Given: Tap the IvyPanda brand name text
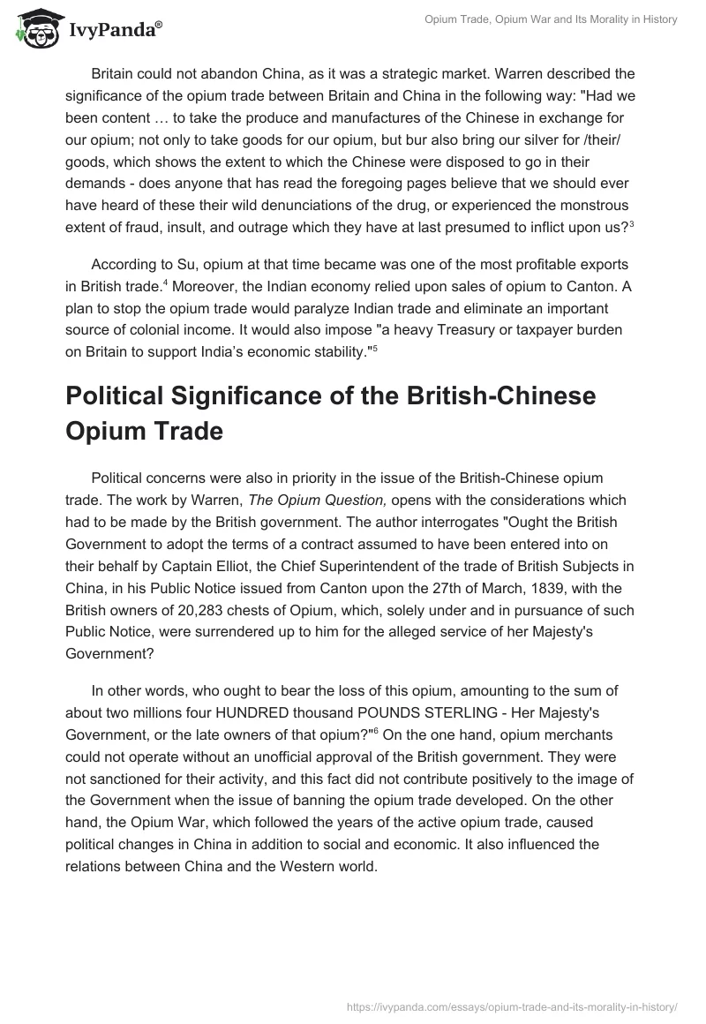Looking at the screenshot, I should point(114,30).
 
